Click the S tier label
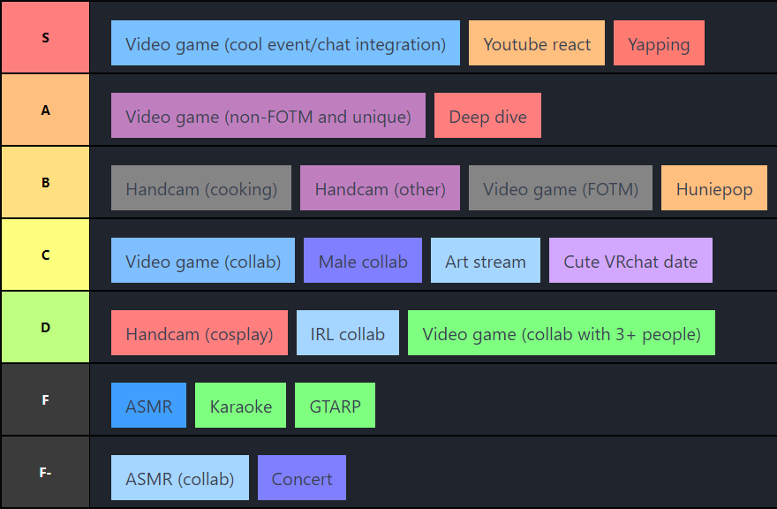(45, 37)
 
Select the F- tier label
(45, 472)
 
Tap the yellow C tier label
(45, 254)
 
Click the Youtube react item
(537, 43)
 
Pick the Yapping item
(659, 43)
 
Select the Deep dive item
(487, 116)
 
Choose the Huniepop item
(714, 188)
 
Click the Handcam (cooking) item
(201, 188)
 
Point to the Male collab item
(363, 261)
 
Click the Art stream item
(486, 261)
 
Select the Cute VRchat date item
(630, 261)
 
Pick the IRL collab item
(348, 333)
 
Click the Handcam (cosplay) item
(200, 333)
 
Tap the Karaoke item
(241, 406)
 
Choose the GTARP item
(335, 406)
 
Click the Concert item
(302, 478)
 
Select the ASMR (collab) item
(180, 478)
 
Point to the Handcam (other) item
(380, 188)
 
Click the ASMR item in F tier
(149, 406)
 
